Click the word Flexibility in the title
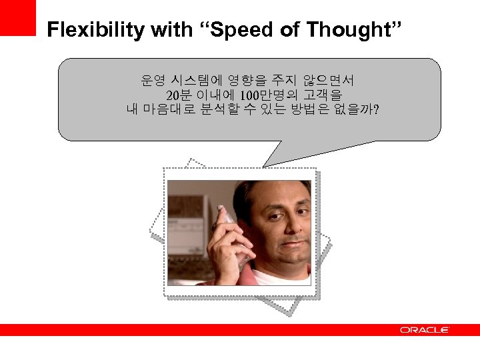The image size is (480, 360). coord(96,30)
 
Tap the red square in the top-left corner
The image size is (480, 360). coord(17,17)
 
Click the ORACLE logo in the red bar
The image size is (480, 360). coord(424,330)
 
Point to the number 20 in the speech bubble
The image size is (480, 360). coord(173,95)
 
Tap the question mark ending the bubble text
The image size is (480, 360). coord(377,109)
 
